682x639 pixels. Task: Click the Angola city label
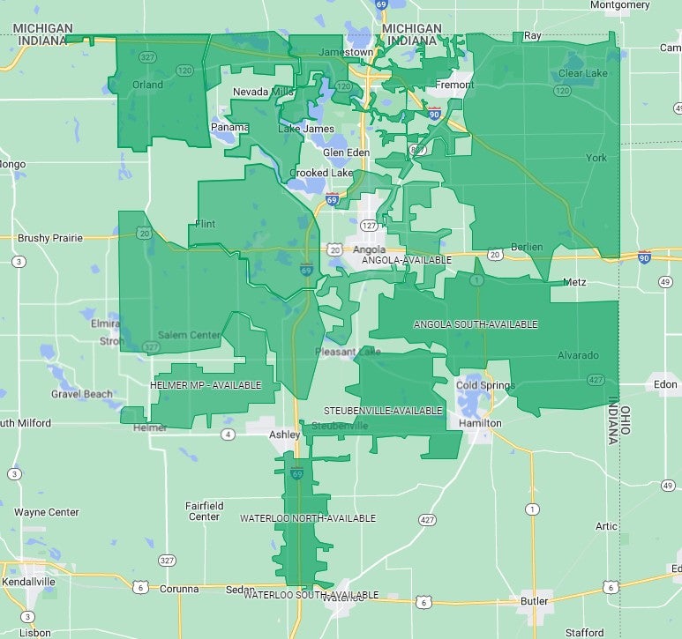click(x=369, y=249)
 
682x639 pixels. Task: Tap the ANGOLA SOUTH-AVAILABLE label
click(x=475, y=324)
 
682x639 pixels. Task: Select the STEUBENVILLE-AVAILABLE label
click(x=383, y=411)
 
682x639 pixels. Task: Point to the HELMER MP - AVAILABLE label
click(x=206, y=386)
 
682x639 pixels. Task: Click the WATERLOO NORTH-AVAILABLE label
click(x=308, y=518)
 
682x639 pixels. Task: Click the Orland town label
click(x=147, y=85)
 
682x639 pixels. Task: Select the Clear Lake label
click(x=582, y=73)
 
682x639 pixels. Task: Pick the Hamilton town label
click(x=480, y=423)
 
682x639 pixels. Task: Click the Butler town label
click(x=533, y=601)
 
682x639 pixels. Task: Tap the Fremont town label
click(x=454, y=85)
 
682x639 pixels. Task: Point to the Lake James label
click(x=306, y=129)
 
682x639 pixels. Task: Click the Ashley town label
click(x=285, y=435)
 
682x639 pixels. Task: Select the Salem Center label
click(x=189, y=335)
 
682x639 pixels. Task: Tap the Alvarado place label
click(x=578, y=355)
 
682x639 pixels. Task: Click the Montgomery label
click(x=620, y=4)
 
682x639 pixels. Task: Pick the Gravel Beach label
click(x=81, y=394)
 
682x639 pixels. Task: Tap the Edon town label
click(x=664, y=384)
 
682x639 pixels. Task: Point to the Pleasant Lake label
click(x=348, y=352)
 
